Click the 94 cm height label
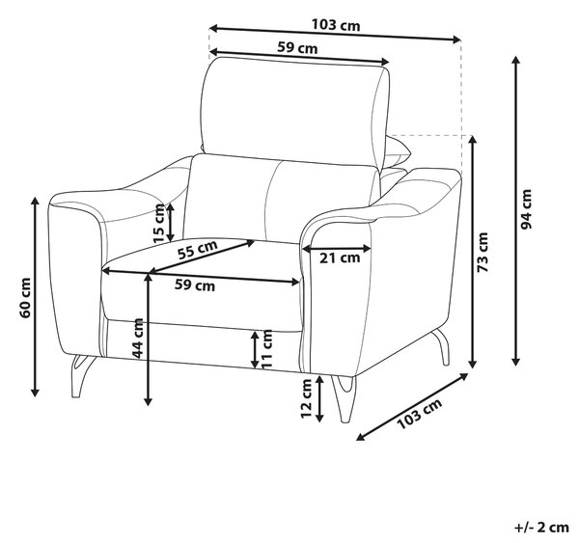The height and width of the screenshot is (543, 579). [x=526, y=209]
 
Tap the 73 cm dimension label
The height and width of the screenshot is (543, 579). [x=483, y=252]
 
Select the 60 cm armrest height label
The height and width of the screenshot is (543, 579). [x=25, y=298]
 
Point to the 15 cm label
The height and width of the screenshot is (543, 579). [x=159, y=223]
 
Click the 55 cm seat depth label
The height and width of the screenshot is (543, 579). [x=198, y=250]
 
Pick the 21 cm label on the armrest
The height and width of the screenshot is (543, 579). [x=340, y=258]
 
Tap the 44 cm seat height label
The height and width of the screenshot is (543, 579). [x=138, y=339]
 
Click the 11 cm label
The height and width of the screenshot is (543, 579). [x=266, y=349]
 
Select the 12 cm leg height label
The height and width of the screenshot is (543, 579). [x=307, y=399]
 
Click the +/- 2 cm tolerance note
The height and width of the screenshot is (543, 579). [x=541, y=528]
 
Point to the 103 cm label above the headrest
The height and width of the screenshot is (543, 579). [x=336, y=25]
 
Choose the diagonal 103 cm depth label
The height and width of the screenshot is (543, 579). [x=420, y=414]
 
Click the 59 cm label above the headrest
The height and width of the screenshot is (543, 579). [x=297, y=48]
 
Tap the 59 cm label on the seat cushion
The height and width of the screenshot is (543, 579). [x=195, y=285]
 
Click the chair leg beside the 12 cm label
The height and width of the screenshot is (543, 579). [x=345, y=398]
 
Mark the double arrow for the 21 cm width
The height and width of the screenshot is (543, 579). [x=337, y=249]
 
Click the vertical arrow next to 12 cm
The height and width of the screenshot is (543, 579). [x=319, y=398]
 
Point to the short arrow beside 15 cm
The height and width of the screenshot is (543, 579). [x=170, y=222]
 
